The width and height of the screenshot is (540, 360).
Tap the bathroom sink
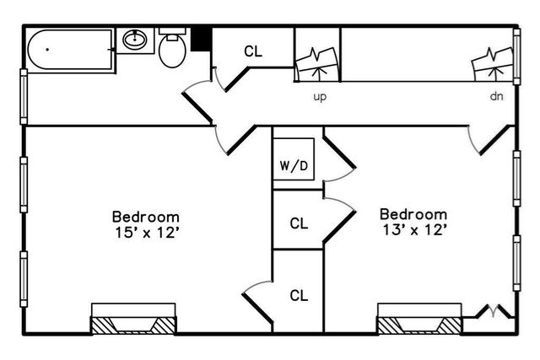point(135,40)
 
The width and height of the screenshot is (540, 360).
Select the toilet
point(171,50)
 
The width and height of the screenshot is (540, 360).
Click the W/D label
point(294,165)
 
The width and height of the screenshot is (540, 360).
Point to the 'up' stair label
point(320,96)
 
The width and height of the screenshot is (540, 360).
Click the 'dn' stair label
point(497,96)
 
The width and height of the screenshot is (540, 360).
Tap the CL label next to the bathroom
point(253,51)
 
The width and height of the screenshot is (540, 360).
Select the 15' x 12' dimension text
point(146,232)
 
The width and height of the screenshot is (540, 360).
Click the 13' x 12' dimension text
point(413,228)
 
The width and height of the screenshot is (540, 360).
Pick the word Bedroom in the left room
point(146,216)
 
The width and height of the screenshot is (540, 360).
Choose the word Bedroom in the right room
point(413,213)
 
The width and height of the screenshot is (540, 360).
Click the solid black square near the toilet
point(202,39)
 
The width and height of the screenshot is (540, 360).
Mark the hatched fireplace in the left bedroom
point(133,325)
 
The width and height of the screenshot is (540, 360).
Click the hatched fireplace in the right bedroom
point(419,325)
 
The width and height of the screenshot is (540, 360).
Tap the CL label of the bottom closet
point(299,295)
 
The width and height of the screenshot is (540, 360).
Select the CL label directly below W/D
point(299,223)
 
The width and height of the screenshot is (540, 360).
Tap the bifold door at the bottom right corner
point(492,313)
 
